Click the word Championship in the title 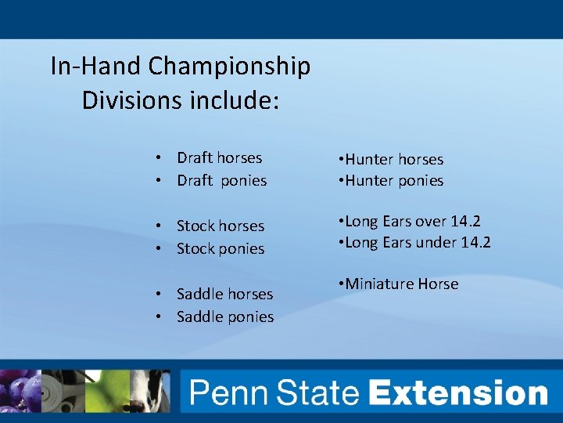click(229, 67)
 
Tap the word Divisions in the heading click(131, 101)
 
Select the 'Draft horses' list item click(219, 158)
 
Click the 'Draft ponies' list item click(221, 181)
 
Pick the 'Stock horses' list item click(221, 226)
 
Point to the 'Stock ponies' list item click(221, 249)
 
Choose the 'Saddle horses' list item click(224, 295)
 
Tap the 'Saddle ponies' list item click(225, 317)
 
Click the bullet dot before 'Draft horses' click(158, 158)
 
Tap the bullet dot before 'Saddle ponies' click(158, 317)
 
